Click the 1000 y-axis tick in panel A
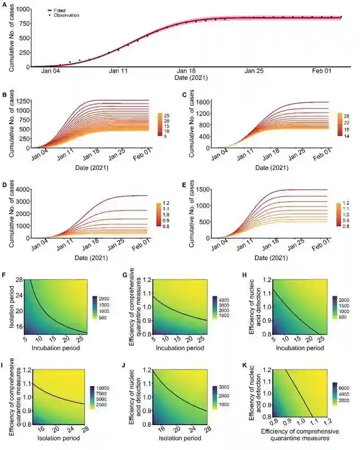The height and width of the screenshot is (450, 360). click(x=23, y=10)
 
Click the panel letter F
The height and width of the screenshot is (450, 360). click(x=5, y=275)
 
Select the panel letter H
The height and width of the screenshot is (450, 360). click(x=244, y=275)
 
